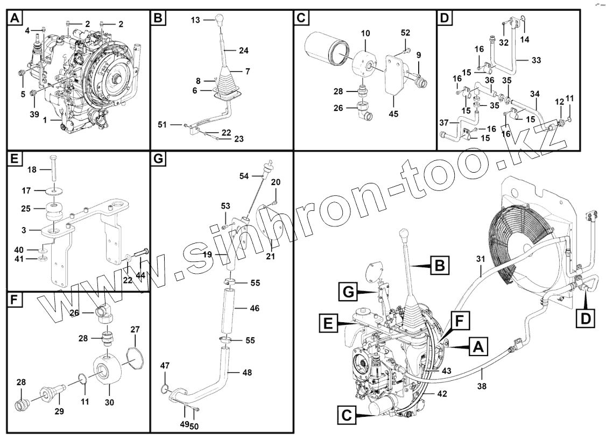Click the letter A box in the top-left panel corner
tap(15, 18)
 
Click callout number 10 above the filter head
tap(365, 33)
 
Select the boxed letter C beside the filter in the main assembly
tap(348, 415)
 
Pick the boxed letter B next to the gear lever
tap(439, 266)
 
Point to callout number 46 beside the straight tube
tap(254, 308)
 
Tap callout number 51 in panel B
tap(163, 124)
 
